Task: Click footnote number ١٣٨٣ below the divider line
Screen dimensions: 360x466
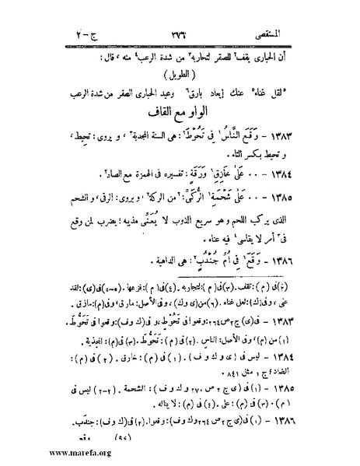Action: (304, 318)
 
